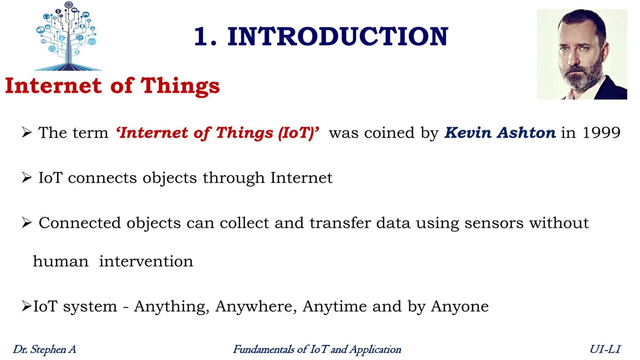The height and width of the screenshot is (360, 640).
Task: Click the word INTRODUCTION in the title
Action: pos(338,37)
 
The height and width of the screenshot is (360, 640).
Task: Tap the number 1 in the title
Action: pos(202,37)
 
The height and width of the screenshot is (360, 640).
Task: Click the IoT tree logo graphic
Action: pos(68,36)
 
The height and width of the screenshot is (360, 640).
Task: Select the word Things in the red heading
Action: pos(180,86)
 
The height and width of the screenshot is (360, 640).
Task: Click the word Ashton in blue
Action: pos(527,133)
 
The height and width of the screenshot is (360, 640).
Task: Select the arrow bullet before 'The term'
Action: pos(27,132)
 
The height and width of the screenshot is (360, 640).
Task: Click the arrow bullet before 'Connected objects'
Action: pos(27,223)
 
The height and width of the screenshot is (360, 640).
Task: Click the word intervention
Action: pos(146,261)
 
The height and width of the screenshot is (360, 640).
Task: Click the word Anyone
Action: pos(460,306)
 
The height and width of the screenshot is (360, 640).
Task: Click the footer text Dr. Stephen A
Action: pos(44,349)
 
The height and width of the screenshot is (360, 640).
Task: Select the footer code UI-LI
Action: pos(605,349)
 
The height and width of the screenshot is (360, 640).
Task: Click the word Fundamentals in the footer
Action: pos(264,349)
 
